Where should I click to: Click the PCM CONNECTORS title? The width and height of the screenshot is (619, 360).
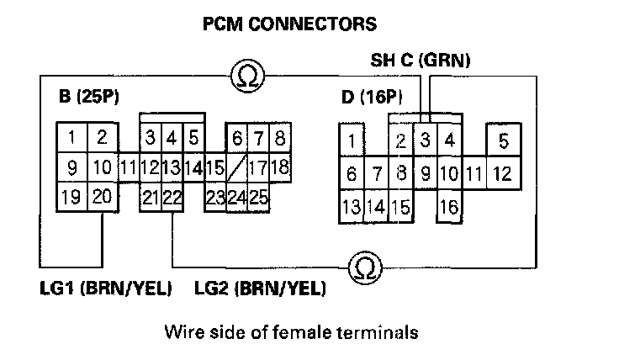tap(290, 24)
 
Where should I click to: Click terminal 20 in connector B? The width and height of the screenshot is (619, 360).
tap(102, 199)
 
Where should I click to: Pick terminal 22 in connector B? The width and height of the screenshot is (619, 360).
tap(172, 199)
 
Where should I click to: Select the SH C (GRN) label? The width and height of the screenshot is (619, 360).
tap(421, 61)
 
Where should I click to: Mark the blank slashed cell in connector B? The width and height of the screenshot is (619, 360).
tap(236, 167)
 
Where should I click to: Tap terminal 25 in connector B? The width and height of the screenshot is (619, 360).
tap(258, 199)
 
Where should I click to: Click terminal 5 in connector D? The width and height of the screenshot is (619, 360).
tap(503, 140)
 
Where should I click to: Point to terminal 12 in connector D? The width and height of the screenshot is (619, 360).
tap(502, 174)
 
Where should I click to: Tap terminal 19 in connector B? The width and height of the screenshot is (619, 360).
tap(72, 199)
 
